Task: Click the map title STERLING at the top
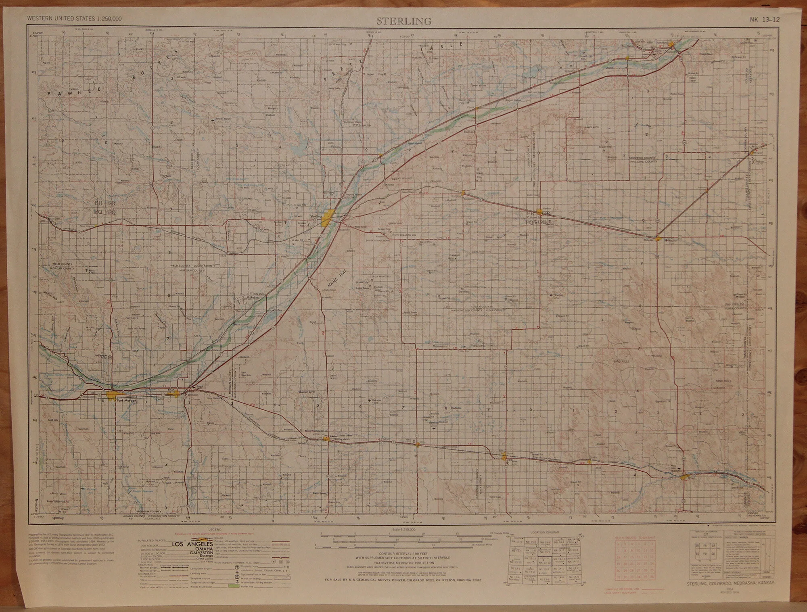pos(404,21)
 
